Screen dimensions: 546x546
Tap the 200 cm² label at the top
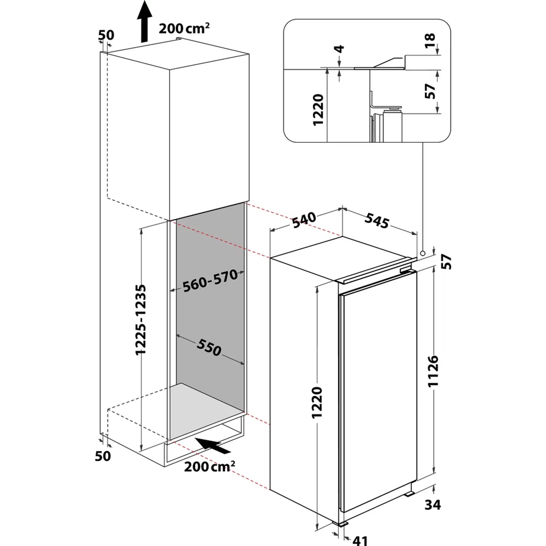[184, 28]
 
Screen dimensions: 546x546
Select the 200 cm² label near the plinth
[209, 467]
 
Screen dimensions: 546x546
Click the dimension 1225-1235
[141, 319]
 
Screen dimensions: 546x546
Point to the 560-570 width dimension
[210, 281]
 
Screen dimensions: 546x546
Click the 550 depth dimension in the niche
[209, 347]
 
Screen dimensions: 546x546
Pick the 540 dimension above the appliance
[304, 220]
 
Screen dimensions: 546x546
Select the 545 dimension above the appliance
[377, 221]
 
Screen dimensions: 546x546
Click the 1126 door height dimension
[433, 371]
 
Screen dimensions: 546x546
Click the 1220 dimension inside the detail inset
[318, 109]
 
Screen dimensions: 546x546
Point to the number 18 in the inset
[430, 41]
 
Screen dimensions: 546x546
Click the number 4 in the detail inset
[340, 49]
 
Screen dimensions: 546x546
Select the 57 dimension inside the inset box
[430, 91]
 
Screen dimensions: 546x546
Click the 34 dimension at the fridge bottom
[433, 505]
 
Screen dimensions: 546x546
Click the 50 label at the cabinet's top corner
[106, 35]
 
